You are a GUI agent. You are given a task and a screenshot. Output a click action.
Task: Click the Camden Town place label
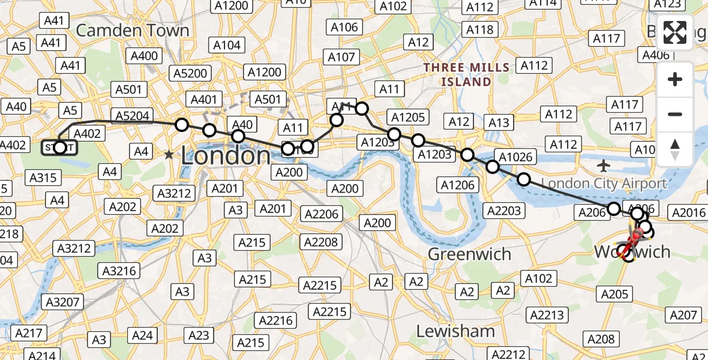pos(133,31)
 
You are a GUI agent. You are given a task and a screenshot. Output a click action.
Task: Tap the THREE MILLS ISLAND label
pos(466,74)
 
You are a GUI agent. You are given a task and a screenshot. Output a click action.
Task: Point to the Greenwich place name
pos(469,254)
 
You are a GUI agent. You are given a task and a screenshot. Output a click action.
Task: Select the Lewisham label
pos(455,331)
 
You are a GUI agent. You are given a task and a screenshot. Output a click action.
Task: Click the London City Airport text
pos(604,184)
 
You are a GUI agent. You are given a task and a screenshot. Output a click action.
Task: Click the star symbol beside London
pos(169,155)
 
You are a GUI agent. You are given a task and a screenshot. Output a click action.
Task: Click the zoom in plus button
pos(675,79)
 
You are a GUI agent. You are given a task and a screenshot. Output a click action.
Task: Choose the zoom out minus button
pos(675,114)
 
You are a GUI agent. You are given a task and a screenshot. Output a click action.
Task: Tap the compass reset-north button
pos(675,149)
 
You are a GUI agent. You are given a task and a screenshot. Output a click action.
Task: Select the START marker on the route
pos(59,147)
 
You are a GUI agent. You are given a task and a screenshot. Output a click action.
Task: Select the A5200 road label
pos(190,73)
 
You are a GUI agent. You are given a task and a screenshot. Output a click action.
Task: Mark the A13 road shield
pos(499,123)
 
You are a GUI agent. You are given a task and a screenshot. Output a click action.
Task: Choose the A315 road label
pos(43,177)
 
